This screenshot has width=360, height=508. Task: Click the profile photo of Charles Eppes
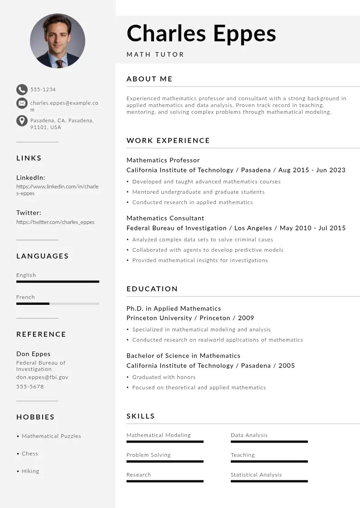click(x=58, y=41)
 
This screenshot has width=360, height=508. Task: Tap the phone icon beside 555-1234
click(x=22, y=89)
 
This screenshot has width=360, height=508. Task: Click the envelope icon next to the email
click(x=22, y=103)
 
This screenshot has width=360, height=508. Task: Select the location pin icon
click(x=22, y=121)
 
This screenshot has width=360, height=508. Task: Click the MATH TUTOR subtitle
click(x=156, y=54)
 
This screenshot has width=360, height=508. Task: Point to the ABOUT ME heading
click(x=150, y=79)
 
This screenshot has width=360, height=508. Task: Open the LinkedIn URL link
click(x=57, y=190)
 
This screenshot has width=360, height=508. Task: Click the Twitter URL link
click(x=55, y=222)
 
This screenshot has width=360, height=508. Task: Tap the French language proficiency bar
click(x=58, y=303)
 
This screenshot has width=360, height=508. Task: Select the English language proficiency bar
click(x=58, y=282)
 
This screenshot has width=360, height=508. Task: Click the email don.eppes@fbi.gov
click(x=42, y=377)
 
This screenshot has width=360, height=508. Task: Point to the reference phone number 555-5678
click(x=30, y=386)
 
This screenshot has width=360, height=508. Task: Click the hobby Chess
click(x=30, y=454)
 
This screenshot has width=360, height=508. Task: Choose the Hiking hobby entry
click(x=30, y=471)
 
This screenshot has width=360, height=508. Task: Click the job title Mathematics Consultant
click(x=165, y=218)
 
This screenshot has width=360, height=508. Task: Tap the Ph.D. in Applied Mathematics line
click(x=174, y=308)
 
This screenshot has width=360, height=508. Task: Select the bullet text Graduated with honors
click(x=164, y=377)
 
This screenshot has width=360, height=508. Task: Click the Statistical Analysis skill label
click(x=256, y=475)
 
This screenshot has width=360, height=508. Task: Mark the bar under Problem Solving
click(x=165, y=461)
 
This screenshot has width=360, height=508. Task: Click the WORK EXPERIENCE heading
click(x=168, y=141)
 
